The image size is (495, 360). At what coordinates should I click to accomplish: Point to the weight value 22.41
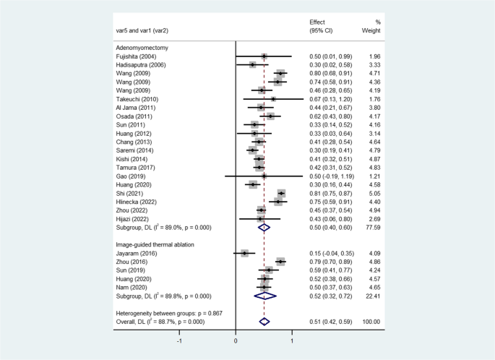pos(371,296)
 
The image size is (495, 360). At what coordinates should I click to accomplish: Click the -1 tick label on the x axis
pos(180,340)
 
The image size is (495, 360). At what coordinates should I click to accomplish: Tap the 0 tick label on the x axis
pos(236,340)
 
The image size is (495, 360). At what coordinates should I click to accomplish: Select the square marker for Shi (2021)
pos(281,194)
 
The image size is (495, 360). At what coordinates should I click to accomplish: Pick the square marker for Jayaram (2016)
pos(244,253)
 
